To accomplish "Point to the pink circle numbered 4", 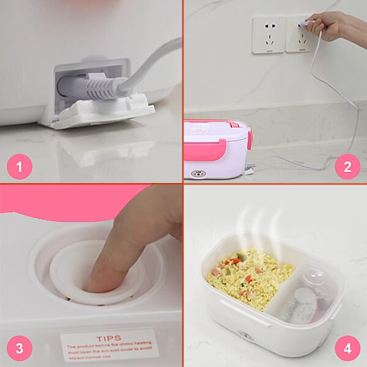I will (347, 348).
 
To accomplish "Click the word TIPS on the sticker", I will (109, 338).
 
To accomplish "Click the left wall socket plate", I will (268, 35).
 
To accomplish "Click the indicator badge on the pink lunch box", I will (198, 173).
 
